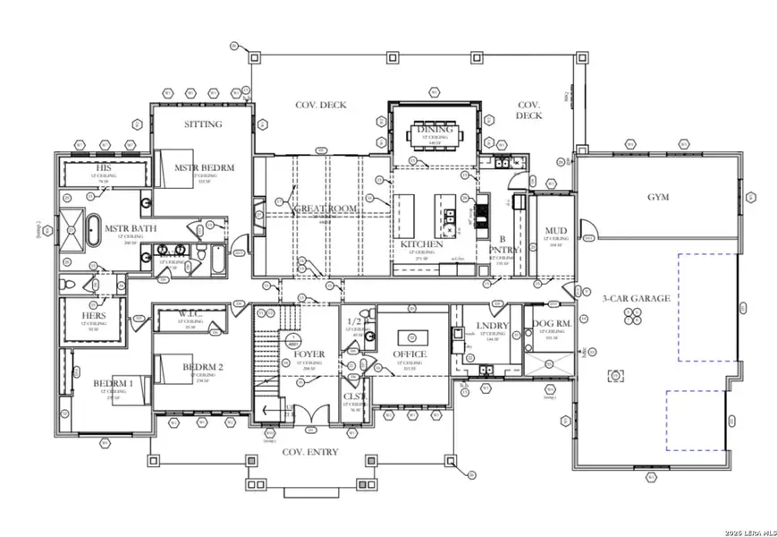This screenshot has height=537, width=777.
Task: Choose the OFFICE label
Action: (x=410, y=354)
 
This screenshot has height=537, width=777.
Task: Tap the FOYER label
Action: (x=308, y=354)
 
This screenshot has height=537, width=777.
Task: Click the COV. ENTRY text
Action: (x=310, y=452)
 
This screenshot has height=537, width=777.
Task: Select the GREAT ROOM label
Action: (x=325, y=209)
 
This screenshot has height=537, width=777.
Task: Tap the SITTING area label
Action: (x=203, y=124)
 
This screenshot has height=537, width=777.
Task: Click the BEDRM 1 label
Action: (x=113, y=384)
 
